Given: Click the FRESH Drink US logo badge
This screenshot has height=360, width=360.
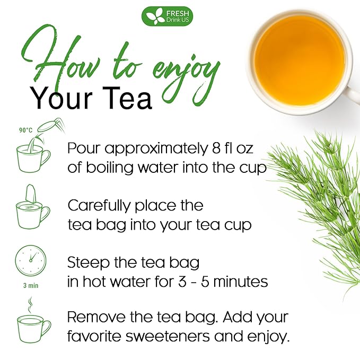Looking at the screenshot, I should coord(167,16).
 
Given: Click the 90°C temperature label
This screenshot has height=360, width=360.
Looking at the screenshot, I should coord(25,129).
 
